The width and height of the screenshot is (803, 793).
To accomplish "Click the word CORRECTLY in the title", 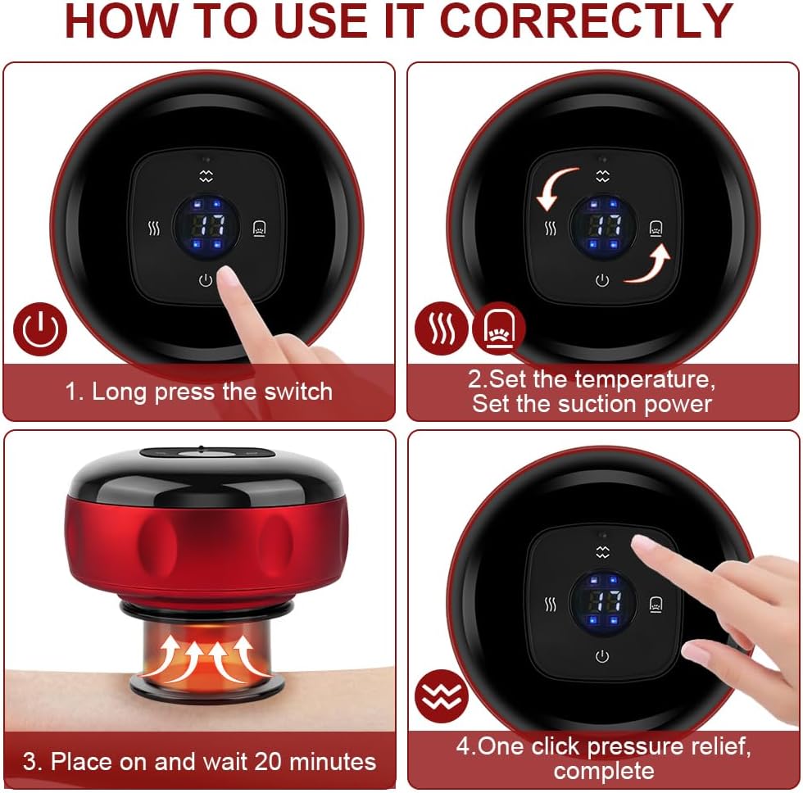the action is (x=587, y=21).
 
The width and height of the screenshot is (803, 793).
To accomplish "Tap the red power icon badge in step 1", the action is (x=40, y=329).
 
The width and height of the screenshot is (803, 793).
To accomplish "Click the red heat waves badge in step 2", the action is (x=442, y=329).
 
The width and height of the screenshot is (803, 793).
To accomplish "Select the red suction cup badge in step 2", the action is (x=498, y=329).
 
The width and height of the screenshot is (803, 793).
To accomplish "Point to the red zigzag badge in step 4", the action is (x=442, y=696).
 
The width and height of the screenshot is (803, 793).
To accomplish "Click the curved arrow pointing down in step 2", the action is (x=554, y=188).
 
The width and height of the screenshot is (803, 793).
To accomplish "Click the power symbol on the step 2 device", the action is (x=602, y=280).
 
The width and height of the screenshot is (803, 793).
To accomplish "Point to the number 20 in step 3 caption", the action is (x=268, y=761).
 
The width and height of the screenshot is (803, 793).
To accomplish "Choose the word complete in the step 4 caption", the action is (x=604, y=771).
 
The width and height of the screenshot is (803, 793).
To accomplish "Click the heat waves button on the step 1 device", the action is (x=154, y=229).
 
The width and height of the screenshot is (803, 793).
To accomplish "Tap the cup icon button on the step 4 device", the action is (x=656, y=605).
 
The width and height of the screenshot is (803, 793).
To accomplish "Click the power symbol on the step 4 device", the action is (x=602, y=656).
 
